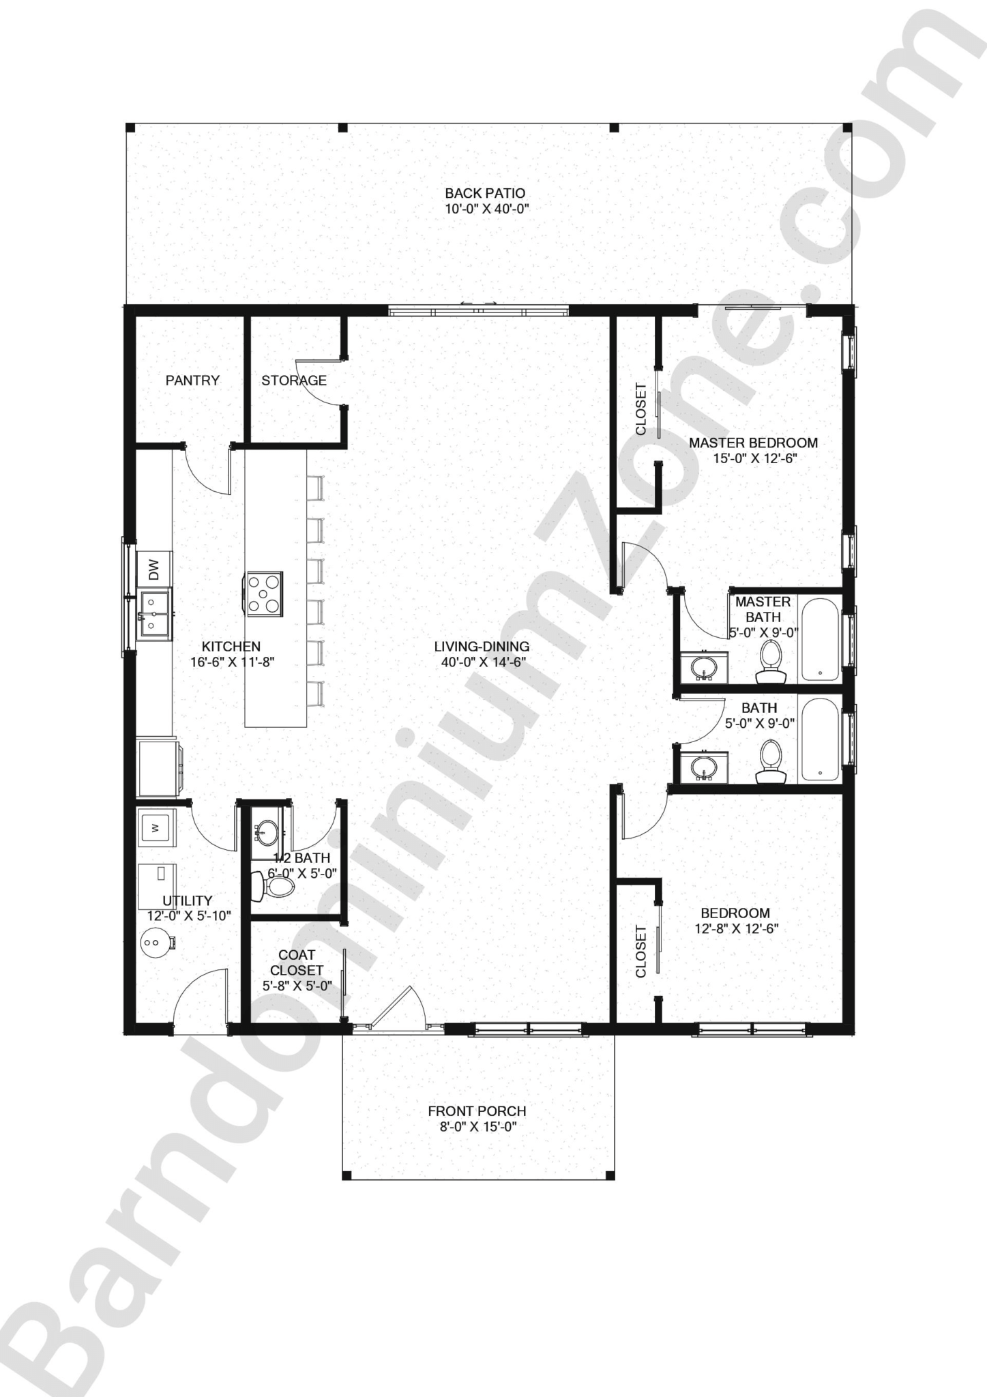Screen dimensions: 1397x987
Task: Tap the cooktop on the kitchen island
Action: point(263,593)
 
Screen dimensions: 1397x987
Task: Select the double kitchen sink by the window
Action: point(155,615)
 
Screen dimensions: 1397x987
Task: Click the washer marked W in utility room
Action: point(156,828)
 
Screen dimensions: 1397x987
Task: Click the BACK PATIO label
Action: point(485,194)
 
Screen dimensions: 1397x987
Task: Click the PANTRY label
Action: point(192,381)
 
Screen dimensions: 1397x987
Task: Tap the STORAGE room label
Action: point(294,381)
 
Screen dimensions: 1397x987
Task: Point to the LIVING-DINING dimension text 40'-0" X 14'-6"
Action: point(481,662)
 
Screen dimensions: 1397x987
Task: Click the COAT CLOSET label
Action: point(297,962)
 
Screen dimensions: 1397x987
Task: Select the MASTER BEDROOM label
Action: point(753,443)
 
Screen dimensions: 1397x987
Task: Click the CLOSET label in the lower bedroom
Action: point(641,952)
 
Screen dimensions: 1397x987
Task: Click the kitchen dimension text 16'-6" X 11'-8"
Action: point(232,662)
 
